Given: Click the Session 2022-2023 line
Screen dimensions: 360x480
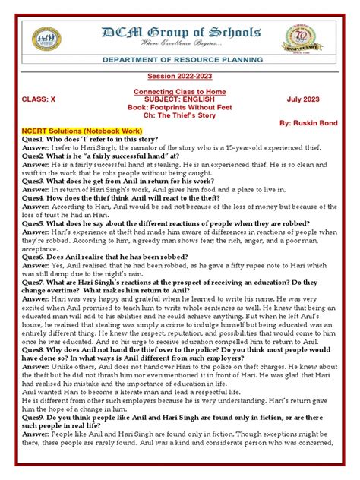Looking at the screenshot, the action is point(179,87).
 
